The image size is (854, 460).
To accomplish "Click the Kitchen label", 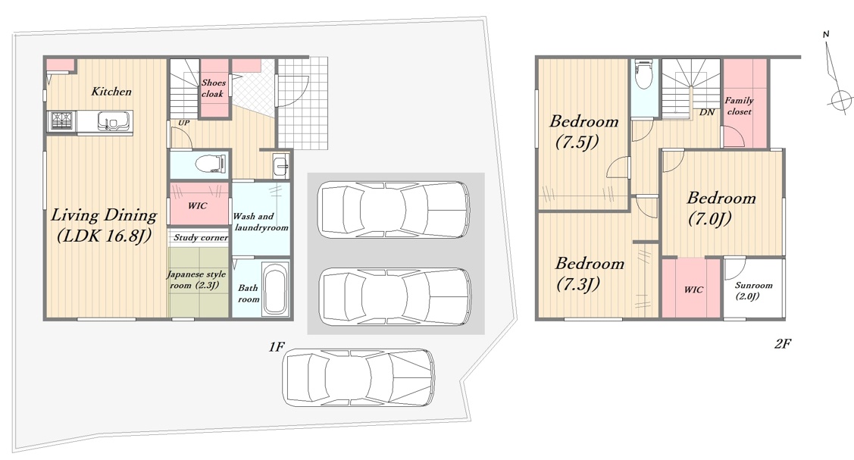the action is pos(111,92).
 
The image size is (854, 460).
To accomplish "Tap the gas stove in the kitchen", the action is pos(61,120).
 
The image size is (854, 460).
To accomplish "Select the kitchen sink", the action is pos(114,120).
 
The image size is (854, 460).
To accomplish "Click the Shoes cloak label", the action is pos(213,88).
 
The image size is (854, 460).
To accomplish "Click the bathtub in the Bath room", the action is pos(275,289).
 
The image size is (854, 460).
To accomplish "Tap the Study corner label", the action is pos(200,237).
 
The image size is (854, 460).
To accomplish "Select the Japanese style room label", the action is pos(196,280).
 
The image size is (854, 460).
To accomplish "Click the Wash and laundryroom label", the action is pos(261,222).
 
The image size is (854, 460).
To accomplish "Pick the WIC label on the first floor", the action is pos(197,206).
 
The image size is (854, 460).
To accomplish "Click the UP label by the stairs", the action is pos(184,123).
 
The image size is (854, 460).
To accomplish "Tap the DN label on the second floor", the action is pos(707,112).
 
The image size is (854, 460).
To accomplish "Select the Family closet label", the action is pos(739,106).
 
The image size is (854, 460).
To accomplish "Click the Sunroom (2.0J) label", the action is pos(753,291).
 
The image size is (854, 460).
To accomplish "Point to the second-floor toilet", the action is pos(644,74).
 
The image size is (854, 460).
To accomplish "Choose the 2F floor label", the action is pos(783,343).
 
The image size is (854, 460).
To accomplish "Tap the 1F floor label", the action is pos(277,347).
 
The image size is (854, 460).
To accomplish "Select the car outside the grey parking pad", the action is pos(358,377).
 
